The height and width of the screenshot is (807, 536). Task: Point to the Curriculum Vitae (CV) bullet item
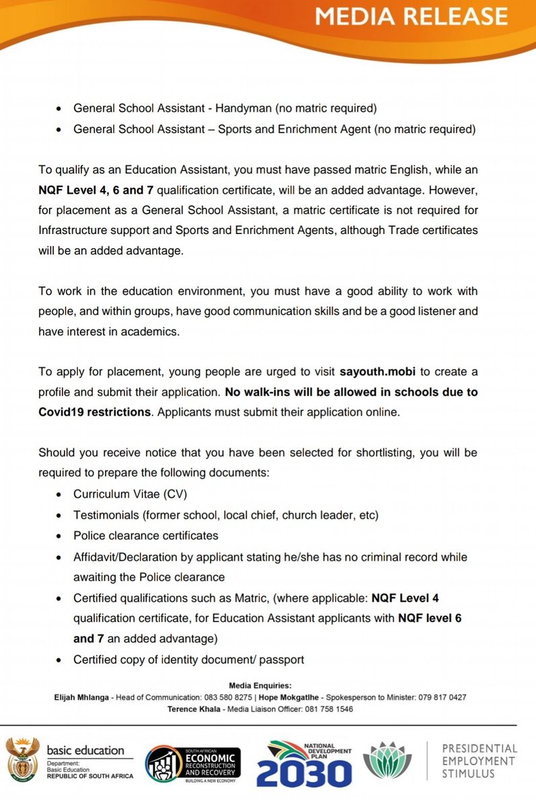[130, 494]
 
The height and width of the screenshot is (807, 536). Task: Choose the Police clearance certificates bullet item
[146, 535]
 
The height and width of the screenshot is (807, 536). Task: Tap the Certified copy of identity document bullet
[188, 659]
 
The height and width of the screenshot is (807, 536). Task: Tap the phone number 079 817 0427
[440, 697]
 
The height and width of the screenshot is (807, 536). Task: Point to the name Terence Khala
[194, 709]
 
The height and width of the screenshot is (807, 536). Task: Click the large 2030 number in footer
[304, 773]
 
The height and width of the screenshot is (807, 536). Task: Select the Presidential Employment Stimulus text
[479, 761]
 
